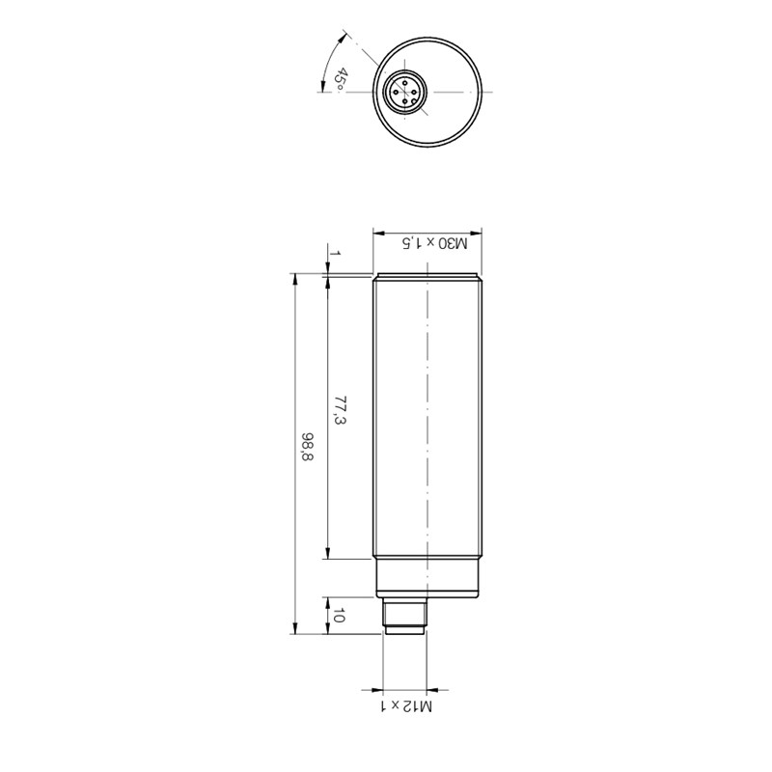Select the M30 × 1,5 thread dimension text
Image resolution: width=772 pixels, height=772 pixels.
coord(435,243)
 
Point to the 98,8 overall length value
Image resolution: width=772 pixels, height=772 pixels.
coord(308,447)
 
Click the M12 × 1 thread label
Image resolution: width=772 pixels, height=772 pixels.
coord(405,707)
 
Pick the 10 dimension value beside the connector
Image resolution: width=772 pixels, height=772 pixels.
coord(338,615)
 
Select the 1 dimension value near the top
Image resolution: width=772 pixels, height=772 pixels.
coord(335,253)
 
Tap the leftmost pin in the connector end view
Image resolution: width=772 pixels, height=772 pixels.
coord(396,92)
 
